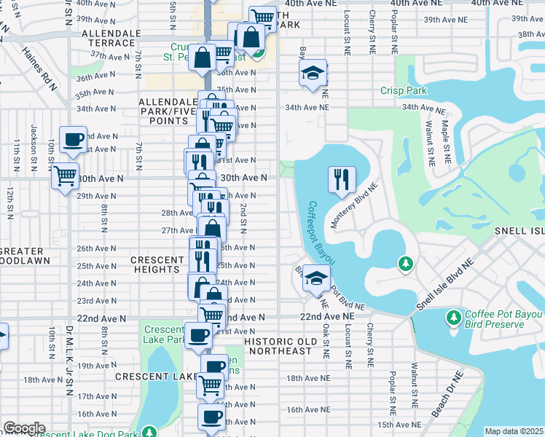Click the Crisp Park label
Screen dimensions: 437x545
403,91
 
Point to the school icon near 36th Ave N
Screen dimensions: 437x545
313,74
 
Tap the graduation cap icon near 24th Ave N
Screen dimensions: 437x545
316,278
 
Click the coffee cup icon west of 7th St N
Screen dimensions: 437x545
73,140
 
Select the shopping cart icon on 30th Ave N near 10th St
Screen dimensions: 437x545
65,175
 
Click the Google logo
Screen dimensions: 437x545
24,428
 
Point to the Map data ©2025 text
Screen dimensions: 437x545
514,431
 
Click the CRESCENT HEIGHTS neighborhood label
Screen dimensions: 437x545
157,265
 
